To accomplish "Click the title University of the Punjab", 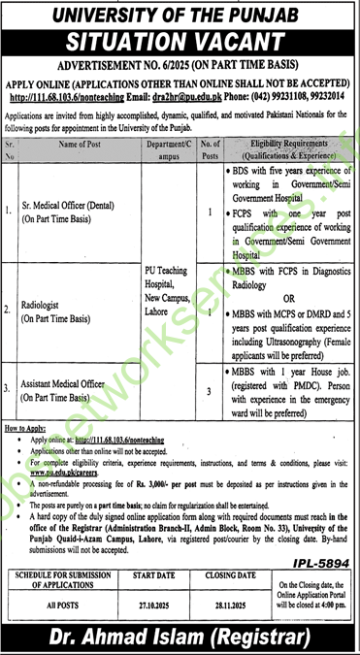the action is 180,15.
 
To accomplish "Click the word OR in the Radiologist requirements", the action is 287,300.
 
